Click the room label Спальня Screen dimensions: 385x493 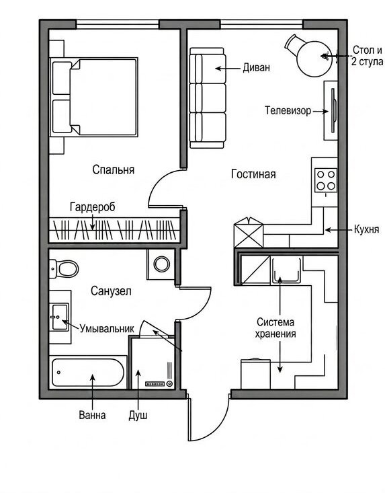[x=114, y=169]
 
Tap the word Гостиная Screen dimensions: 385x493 [x=253, y=174]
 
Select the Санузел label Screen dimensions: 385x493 [x=111, y=291]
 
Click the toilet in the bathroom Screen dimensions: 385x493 [x=64, y=269]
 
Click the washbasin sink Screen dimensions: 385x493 [x=60, y=317]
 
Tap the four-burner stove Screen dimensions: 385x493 [x=326, y=180]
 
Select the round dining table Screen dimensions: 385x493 [x=314, y=59]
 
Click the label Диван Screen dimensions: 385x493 [x=256, y=68]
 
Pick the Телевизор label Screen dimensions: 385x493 [x=288, y=111]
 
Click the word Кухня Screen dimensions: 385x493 [x=366, y=229]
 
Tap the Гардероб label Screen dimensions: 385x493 [x=92, y=207]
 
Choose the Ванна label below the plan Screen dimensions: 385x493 [x=92, y=415]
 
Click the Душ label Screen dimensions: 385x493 [x=138, y=416]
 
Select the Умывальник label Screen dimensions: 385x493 [x=107, y=329]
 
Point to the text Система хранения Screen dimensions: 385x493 [x=275, y=328]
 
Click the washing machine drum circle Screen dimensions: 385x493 [x=162, y=264]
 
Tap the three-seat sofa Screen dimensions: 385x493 [x=208, y=98]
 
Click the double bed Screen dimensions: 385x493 [x=94, y=97]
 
